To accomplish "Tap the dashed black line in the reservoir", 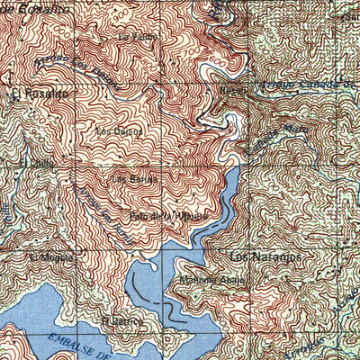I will click(x=142, y=293).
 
